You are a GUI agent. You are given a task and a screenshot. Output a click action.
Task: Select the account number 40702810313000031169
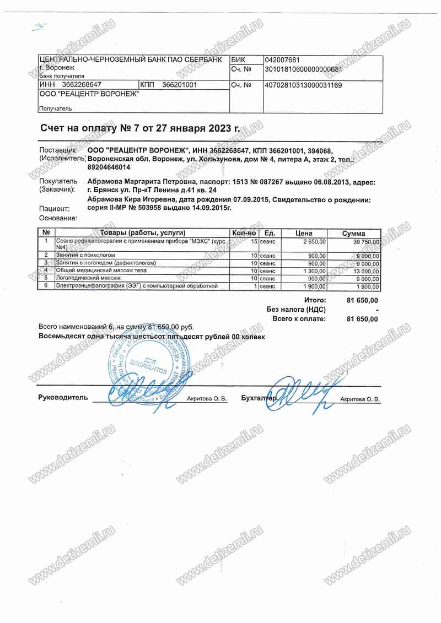[x=303, y=85]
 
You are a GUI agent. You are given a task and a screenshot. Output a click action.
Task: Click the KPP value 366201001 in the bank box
[x=180, y=85]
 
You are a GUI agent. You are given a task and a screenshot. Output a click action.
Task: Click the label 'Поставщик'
[x=57, y=150]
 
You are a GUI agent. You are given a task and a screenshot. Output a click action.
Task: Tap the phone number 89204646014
[x=109, y=167]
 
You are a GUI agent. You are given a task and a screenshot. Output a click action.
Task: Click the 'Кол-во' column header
[x=244, y=234]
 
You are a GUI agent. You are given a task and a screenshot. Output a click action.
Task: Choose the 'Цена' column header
[x=304, y=234]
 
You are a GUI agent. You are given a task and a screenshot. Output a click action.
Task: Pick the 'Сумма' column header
[x=353, y=234]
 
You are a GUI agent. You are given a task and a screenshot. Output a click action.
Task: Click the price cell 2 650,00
[x=315, y=242]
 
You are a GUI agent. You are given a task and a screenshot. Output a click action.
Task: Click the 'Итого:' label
[x=315, y=300]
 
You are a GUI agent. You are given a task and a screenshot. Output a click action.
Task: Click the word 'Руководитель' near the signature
[x=63, y=397]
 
